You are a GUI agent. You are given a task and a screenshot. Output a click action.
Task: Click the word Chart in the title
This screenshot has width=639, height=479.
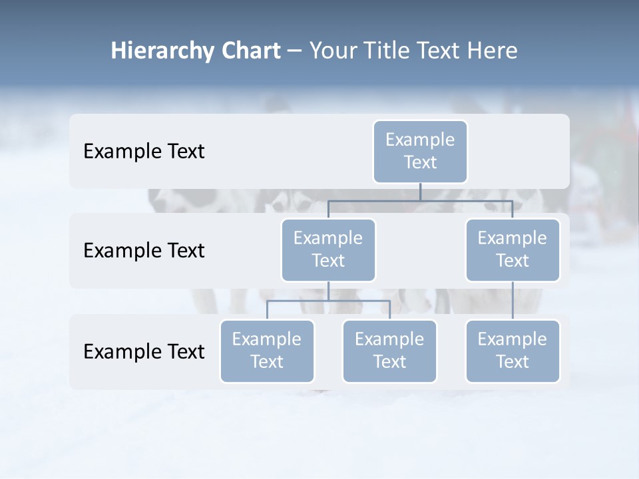[251, 51]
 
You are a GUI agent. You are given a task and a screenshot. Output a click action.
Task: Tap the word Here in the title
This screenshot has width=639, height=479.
[492, 51]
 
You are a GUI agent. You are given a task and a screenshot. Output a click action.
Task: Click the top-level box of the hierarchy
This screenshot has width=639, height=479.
[420, 151]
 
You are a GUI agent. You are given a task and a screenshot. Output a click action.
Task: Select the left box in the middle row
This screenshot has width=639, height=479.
[328, 249]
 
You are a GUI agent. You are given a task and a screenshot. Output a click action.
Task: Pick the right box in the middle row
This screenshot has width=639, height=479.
[513, 249]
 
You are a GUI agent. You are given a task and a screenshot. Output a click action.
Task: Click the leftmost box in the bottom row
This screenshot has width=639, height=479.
[267, 351]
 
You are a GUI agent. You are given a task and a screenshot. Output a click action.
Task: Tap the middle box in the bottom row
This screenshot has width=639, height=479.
[389, 351]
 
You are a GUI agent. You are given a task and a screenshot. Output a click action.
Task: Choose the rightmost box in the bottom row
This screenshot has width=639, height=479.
[513, 351]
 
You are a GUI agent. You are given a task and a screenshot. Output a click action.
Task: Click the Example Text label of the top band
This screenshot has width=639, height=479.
[144, 151]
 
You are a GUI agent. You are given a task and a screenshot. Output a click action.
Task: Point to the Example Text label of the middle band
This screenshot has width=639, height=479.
[144, 250]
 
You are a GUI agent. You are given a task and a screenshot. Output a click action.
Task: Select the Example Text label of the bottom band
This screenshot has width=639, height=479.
[144, 351]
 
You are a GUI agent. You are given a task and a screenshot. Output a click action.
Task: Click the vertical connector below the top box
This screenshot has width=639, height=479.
[420, 192]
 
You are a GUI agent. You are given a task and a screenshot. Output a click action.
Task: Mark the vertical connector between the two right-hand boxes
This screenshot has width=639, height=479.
[513, 301]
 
